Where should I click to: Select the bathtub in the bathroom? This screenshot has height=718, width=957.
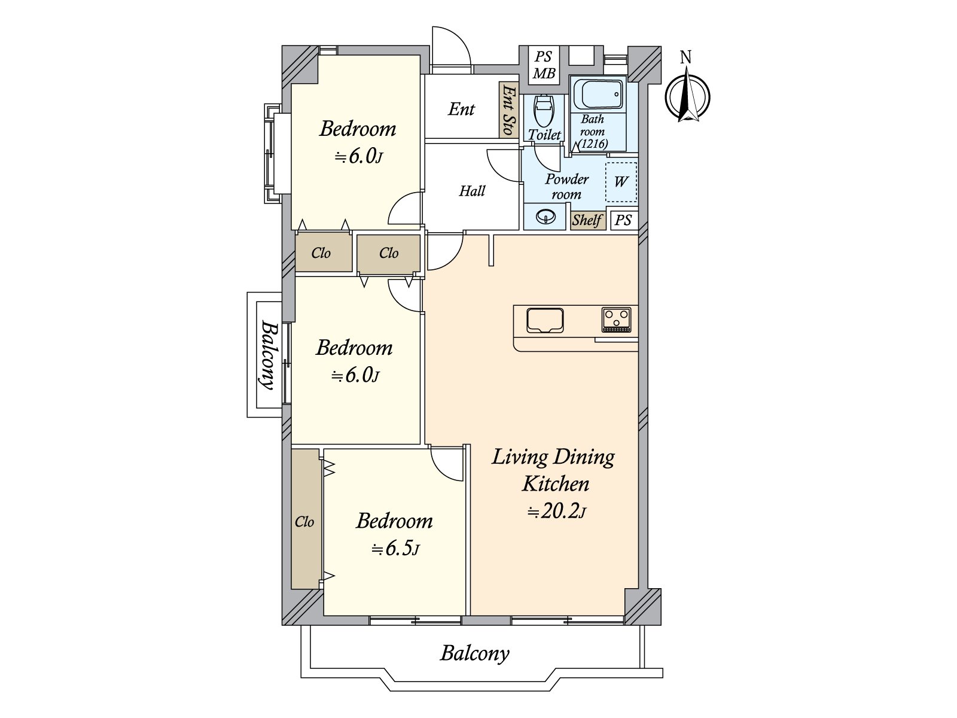598,94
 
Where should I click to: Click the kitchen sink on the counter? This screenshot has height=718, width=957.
545,321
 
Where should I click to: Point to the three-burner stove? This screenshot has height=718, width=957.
617,320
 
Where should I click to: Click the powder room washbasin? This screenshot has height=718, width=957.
545,216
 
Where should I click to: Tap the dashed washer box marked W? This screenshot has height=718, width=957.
621,182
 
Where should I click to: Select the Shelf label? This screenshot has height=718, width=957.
587,220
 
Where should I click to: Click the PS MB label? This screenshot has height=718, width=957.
544,65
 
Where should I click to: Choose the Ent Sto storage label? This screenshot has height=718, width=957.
508,109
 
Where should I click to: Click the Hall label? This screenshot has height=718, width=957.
472,191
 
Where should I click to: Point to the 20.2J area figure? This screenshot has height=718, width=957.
556,511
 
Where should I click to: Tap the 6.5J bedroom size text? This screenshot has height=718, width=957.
395,549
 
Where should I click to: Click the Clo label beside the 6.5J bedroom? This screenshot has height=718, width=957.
304,521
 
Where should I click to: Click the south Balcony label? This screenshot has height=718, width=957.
474,653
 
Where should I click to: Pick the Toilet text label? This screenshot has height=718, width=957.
544,135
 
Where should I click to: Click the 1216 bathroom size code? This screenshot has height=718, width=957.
593,144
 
